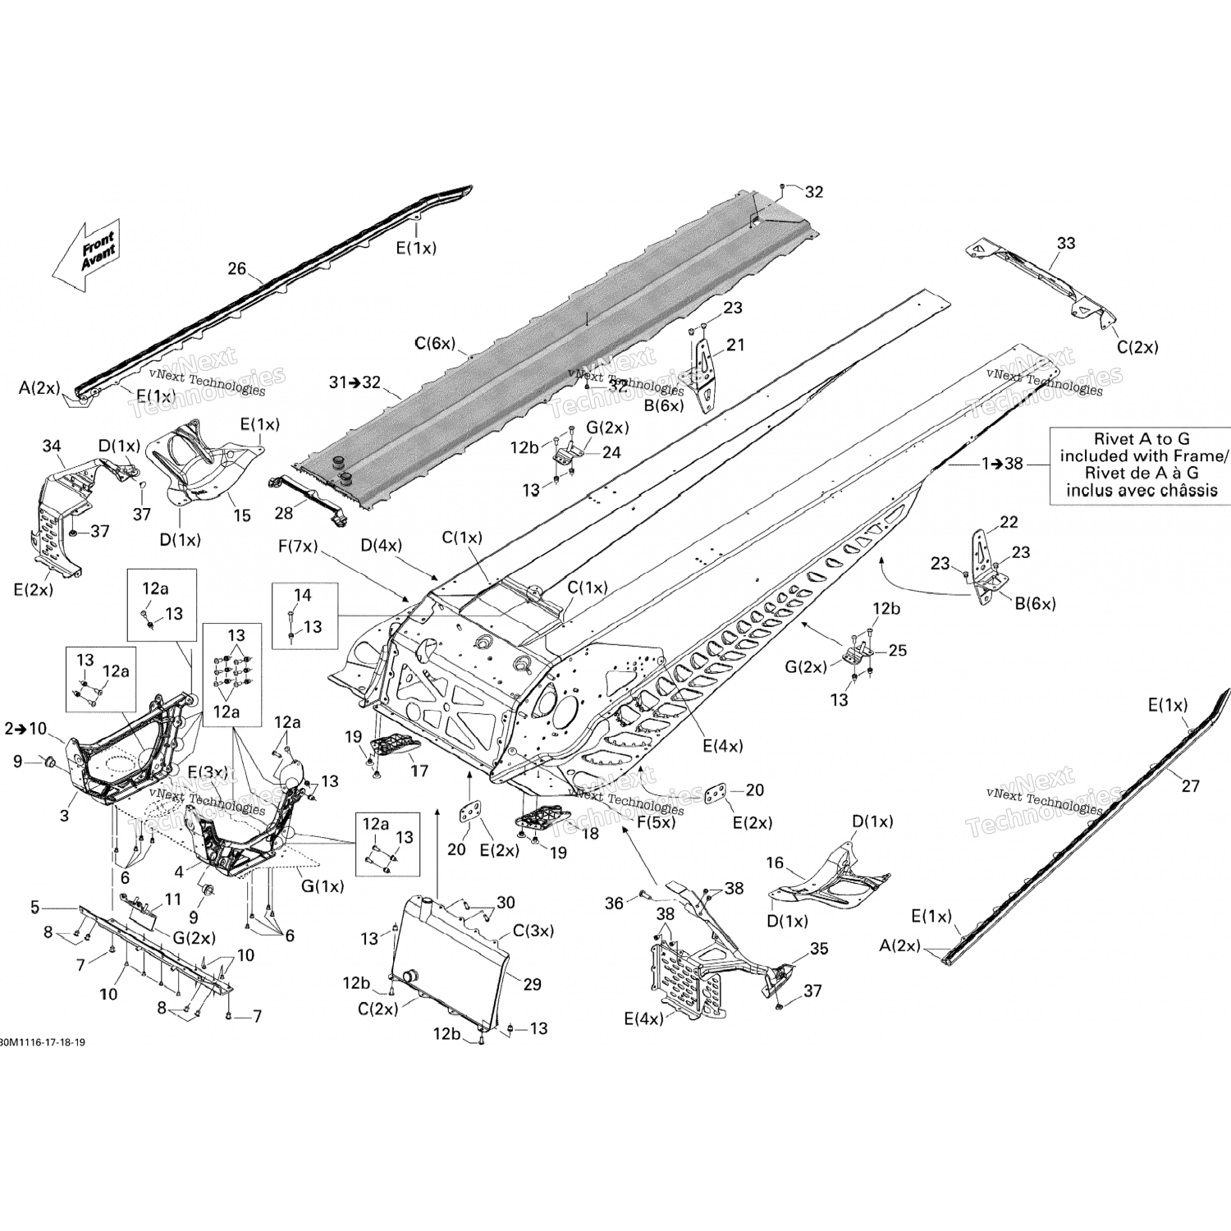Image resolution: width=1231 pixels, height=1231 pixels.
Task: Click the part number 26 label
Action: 236,268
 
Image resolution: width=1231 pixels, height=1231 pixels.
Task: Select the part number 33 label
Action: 1065,243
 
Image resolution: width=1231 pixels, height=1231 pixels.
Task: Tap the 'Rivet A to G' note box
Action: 1141,465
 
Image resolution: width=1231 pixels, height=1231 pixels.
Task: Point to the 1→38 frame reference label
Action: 1003,464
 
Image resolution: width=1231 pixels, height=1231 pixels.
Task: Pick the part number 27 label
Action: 1190,785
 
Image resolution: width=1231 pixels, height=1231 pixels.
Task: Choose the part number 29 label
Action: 533,984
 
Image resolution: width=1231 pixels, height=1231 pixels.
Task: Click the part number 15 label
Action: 242,515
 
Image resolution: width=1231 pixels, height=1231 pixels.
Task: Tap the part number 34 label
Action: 52,446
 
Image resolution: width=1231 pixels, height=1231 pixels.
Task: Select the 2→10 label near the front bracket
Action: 25,728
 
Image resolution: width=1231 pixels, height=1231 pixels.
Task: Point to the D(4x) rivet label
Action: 381,545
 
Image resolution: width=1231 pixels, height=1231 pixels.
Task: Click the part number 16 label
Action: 775,863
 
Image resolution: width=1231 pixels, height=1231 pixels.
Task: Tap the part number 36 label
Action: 615,903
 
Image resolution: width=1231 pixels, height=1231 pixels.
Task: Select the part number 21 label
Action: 735,345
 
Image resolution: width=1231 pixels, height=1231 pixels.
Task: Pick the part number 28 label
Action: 284,513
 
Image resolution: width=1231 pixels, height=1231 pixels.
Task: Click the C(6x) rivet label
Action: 434,344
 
